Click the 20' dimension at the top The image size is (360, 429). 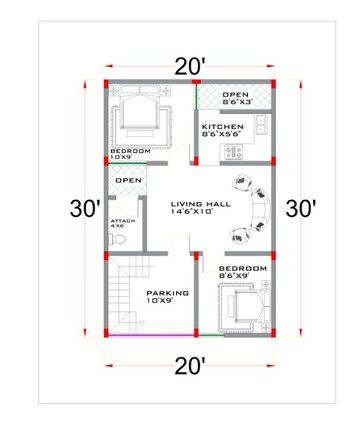[x=189, y=66]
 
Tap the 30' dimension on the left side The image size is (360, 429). [x=84, y=209]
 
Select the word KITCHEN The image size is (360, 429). [x=222, y=128]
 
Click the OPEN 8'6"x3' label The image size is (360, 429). [x=237, y=98]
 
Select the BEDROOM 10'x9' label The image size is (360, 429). [x=129, y=154]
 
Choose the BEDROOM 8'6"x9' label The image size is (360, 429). [x=243, y=272]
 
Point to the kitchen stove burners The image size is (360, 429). [x=236, y=153]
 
